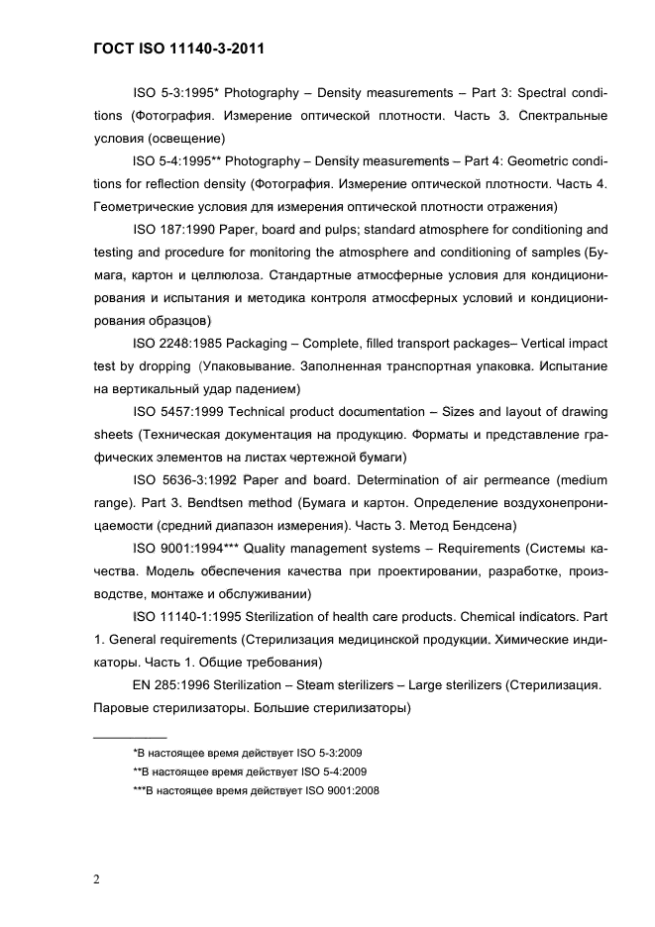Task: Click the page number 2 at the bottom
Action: point(96,877)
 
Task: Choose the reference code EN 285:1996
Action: point(170,685)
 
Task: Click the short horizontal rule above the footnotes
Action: point(129,737)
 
